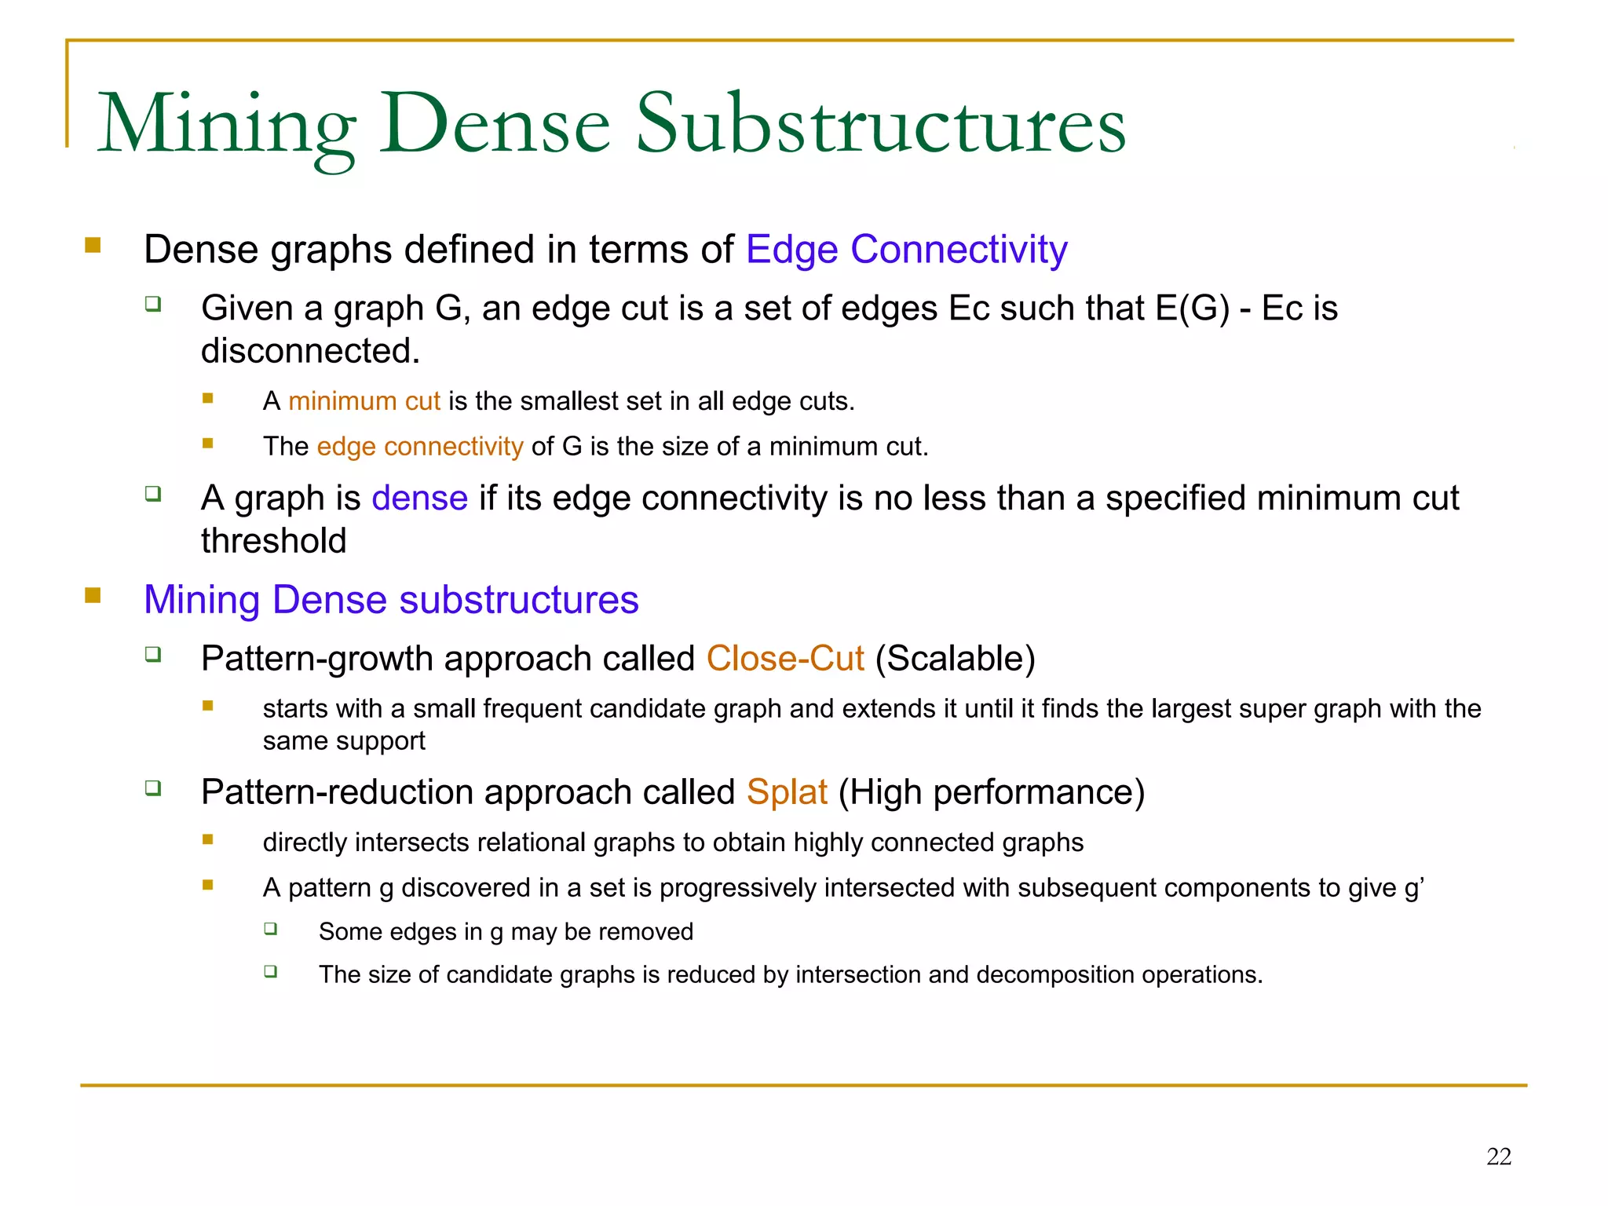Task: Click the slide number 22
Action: [x=1498, y=1157]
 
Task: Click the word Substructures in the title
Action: [x=880, y=124]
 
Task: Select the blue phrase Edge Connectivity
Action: [x=906, y=250]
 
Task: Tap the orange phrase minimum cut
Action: [x=364, y=401]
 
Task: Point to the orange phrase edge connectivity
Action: [x=419, y=447]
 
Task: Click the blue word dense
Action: [x=419, y=499]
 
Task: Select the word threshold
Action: [x=273, y=541]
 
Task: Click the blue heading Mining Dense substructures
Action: [x=391, y=600]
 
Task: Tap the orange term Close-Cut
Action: [x=785, y=659]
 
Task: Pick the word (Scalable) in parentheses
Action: [x=956, y=659]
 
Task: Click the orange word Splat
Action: [x=787, y=792]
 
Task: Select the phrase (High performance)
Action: [x=992, y=792]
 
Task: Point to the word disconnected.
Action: [x=309, y=351]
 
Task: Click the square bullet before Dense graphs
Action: [x=93, y=245]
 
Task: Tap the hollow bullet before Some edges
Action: [x=271, y=929]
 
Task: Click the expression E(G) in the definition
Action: [x=1192, y=309]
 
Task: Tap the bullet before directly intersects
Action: [x=208, y=839]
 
